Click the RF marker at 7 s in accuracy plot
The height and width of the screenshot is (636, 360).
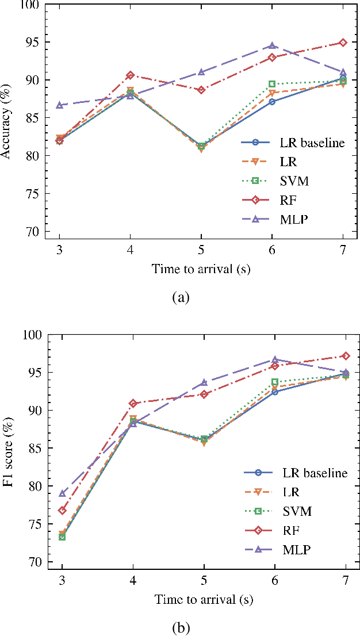pos(343,43)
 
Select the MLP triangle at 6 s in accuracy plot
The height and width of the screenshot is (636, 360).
pos(273,45)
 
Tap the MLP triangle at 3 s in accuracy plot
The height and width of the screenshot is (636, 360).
pos(60,105)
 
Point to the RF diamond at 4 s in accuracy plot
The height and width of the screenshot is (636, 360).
pos(131,75)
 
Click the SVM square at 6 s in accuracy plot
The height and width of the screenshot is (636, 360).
pos(273,84)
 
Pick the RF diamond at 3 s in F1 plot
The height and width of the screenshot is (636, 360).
pos(62,510)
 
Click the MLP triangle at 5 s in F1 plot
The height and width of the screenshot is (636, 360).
pos(204,382)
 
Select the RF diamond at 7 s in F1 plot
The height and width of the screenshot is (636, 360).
pos(346,356)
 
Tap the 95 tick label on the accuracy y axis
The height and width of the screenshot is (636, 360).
pos(37,42)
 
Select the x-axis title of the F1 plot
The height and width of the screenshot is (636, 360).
pos(204,599)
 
